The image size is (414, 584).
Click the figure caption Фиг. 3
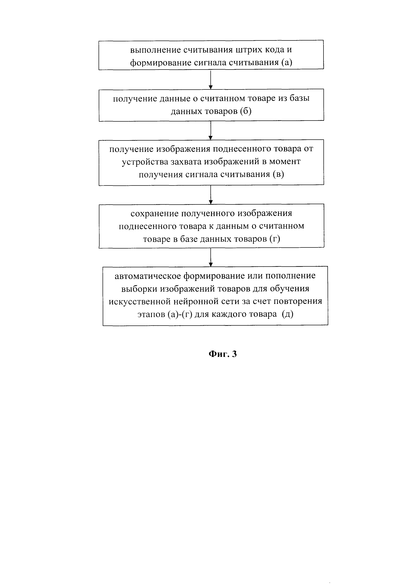(x=223, y=354)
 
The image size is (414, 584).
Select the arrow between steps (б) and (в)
(x=211, y=130)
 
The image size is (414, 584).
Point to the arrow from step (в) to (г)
(x=211, y=195)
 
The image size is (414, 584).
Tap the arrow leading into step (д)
(x=211, y=257)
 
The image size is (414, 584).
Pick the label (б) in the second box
(x=246, y=111)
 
